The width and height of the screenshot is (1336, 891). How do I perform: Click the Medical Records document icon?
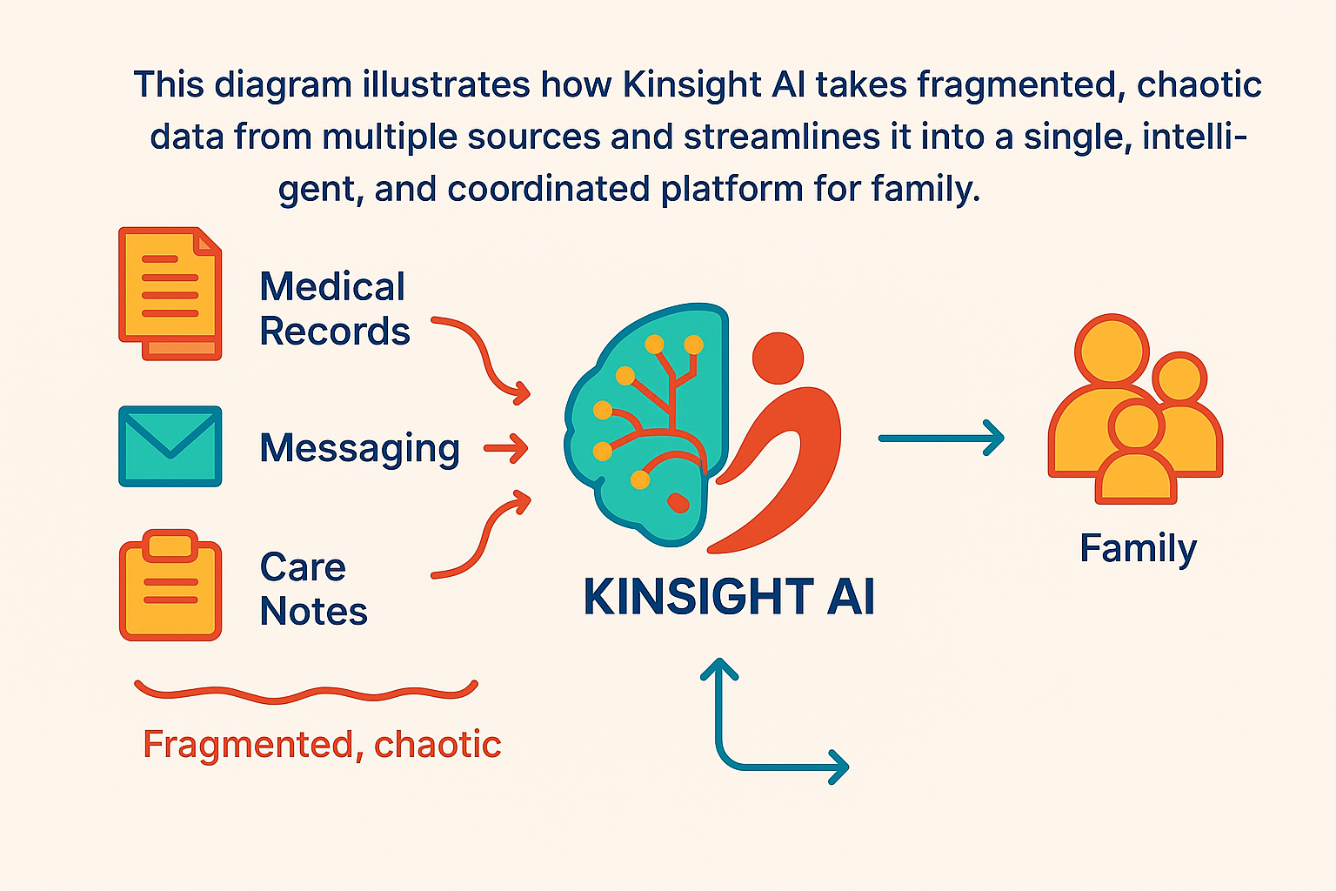click(x=170, y=293)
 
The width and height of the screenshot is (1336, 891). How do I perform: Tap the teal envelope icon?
click(x=170, y=445)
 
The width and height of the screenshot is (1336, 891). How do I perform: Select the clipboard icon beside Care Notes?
click(x=170, y=586)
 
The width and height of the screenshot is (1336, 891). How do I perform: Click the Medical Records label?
click(x=334, y=310)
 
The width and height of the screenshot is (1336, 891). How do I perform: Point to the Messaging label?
click(x=359, y=449)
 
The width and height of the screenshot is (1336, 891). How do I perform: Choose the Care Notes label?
click(x=313, y=589)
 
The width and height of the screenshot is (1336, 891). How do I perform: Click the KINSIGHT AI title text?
click(x=729, y=597)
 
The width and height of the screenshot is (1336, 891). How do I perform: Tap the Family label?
click(x=1138, y=549)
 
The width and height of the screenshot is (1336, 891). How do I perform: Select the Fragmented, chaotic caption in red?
click(x=322, y=745)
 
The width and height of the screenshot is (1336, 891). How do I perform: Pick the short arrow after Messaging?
click(x=506, y=449)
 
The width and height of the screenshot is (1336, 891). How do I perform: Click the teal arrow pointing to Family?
click(x=941, y=438)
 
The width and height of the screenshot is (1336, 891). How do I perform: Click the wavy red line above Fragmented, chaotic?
click(x=306, y=693)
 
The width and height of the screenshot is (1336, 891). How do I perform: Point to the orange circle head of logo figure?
click(x=778, y=357)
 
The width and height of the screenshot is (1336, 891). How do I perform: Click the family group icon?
click(x=1134, y=410)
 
